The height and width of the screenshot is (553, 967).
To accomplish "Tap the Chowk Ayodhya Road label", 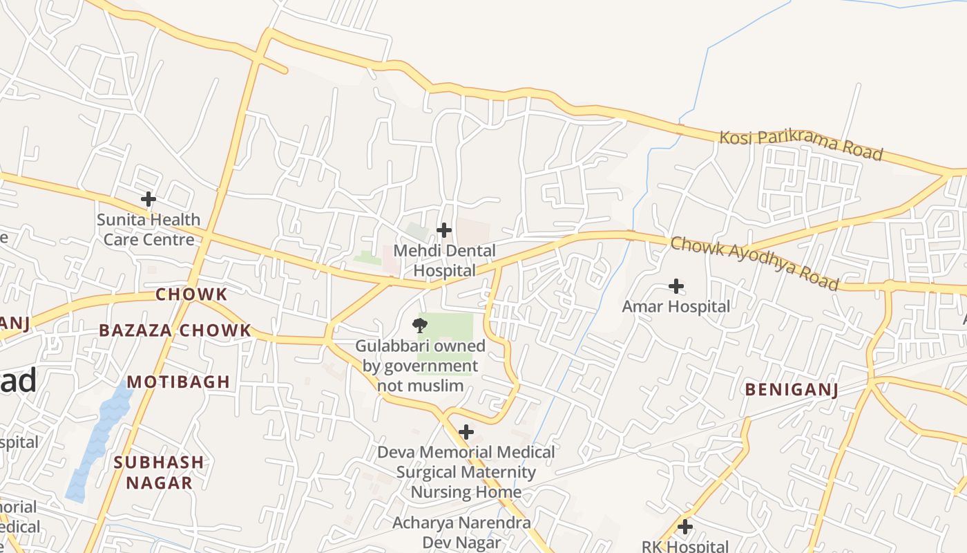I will click(x=755, y=263).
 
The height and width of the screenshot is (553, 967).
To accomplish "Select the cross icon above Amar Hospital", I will click(x=676, y=286).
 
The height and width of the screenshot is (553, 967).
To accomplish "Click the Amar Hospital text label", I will click(x=676, y=306).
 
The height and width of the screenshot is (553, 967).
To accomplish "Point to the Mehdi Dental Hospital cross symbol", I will click(x=444, y=230).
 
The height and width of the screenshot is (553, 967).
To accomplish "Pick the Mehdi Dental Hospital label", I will click(x=444, y=261).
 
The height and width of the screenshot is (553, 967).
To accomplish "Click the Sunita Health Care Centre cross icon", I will click(x=149, y=200).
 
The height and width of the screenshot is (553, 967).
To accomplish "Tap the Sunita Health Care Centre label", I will click(x=149, y=229).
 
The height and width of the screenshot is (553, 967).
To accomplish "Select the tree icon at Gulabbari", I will click(x=419, y=325).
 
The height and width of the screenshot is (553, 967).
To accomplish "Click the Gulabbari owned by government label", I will click(x=420, y=365).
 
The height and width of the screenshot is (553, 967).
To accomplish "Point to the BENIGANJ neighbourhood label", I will click(x=792, y=390).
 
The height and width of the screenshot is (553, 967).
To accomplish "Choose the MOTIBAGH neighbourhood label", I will click(x=178, y=382).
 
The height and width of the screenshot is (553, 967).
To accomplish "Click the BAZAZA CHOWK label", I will click(x=175, y=330).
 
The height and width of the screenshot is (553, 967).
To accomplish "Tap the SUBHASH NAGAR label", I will click(x=159, y=472).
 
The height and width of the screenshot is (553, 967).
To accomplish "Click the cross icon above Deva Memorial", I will click(x=466, y=433).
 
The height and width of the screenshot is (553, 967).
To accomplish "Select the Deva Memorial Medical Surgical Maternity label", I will click(x=466, y=472).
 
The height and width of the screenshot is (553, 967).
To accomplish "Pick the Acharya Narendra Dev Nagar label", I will click(x=462, y=532).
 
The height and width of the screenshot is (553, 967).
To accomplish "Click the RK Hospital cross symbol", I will click(x=685, y=527).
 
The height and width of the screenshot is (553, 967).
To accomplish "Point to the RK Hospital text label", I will click(x=685, y=546).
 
